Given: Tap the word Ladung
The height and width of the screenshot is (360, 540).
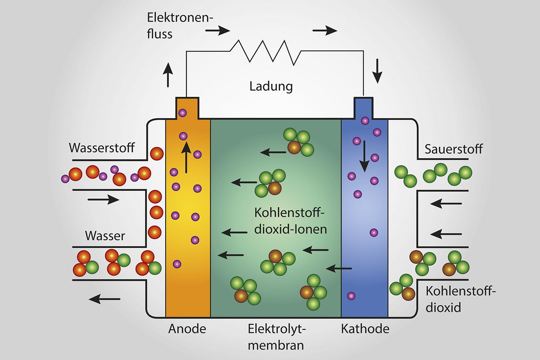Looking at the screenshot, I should [x=271, y=86].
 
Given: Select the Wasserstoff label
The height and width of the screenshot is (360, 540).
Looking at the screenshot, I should [x=102, y=148].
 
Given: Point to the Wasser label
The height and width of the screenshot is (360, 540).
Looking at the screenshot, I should [x=105, y=236].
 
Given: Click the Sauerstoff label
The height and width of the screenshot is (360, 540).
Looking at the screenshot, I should [x=453, y=149].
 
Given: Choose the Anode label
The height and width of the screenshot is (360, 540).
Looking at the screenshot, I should [x=187, y=329].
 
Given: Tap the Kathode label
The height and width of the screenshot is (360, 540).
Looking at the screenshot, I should [x=365, y=329].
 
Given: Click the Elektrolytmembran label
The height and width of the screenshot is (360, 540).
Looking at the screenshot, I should [x=276, y=337].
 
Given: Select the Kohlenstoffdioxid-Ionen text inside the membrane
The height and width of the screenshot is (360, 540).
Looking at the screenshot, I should [x=290, y=221].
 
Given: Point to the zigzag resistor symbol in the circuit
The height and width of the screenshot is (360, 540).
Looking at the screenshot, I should [x=265, y=52].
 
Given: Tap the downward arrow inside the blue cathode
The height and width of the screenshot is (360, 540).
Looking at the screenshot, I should [x=364, y=156].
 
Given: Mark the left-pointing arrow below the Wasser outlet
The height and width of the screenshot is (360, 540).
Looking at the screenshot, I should [x=104, y=298].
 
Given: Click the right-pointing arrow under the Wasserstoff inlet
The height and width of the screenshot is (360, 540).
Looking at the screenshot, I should [x=104, y=199].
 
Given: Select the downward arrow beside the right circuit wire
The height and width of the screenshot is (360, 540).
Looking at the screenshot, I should [x=377, y=71].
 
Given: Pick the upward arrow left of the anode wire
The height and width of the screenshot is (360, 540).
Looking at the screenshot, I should [x=168, y=75].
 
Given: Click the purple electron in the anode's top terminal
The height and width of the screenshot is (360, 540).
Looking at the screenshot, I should [x=183, y=113].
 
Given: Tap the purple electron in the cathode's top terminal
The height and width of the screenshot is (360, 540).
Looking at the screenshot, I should [x=365, y=121].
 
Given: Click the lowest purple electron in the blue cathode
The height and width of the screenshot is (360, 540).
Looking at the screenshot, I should [x=351, y=296].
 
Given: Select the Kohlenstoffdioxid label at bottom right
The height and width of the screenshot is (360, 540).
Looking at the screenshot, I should [x=460, y=299].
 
